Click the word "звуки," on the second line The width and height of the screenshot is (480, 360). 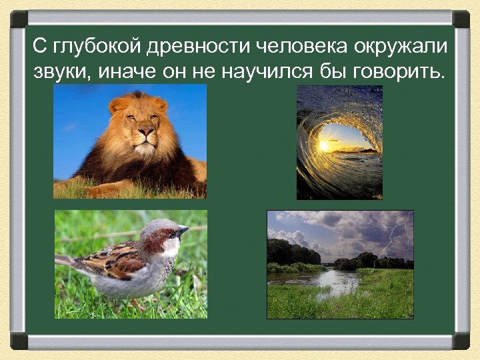coord(61,71)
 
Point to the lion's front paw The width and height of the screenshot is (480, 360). coord(100,190)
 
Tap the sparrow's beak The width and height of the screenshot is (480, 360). coord(181,231)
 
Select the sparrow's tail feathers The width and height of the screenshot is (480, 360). coord(67,261)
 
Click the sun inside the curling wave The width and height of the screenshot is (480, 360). coord(324,145)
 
